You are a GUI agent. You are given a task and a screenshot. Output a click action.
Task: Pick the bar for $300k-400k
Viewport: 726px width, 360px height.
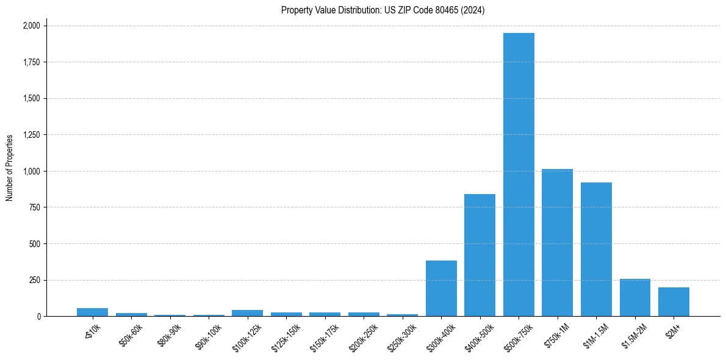click(x=441, y=289)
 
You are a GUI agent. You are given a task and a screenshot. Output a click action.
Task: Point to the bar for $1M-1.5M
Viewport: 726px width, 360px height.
click(x=596, y=250)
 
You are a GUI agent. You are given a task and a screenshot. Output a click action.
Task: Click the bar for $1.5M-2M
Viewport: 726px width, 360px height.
click(x=634, y=298)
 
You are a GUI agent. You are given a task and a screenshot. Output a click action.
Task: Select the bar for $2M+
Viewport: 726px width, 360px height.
click(x=674, y=302)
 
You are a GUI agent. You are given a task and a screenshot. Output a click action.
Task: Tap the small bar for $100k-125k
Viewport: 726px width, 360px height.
click(x=247, y=313)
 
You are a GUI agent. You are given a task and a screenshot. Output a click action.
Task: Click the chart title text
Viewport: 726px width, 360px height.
click(x=383, y=10)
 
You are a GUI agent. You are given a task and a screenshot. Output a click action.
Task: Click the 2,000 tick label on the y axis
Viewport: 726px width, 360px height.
click(x=31, y=26)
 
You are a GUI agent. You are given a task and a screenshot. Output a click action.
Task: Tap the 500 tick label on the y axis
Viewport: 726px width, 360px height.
click(x=35, y=244)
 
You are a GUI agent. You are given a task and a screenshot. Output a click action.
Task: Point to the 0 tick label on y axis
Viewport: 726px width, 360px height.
click(x=38, y=317)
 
